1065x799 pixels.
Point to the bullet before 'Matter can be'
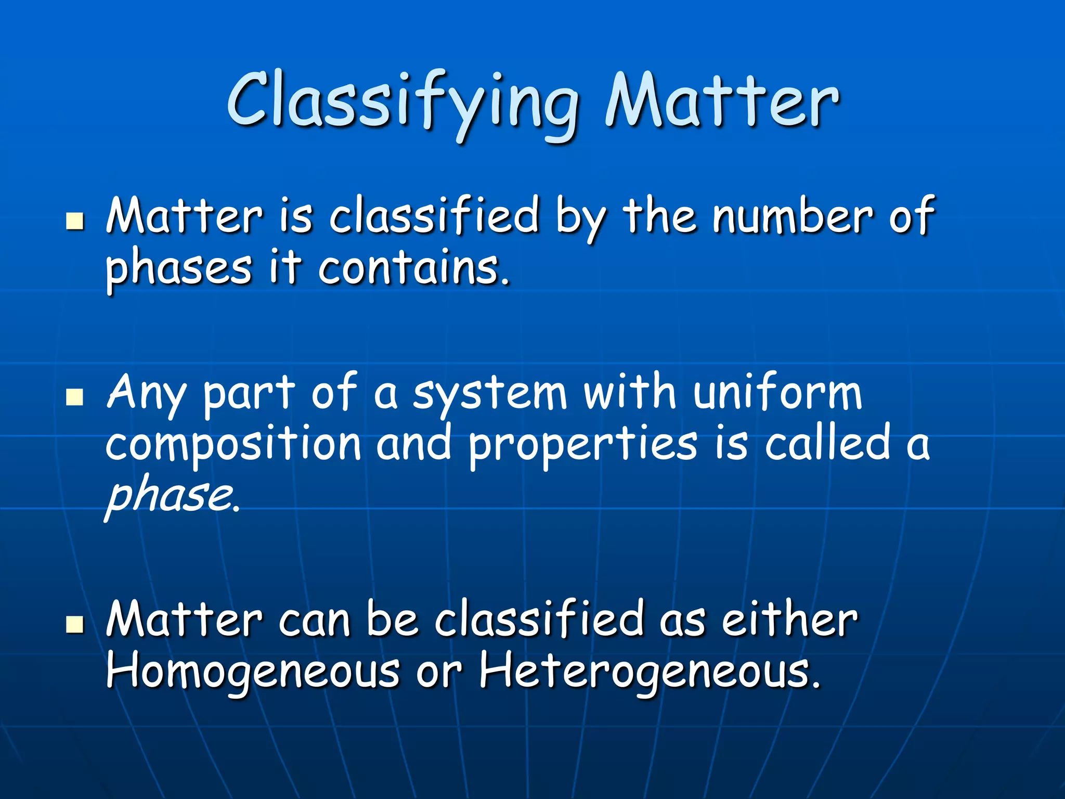(75, 624)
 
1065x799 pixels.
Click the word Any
(145, 394)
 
